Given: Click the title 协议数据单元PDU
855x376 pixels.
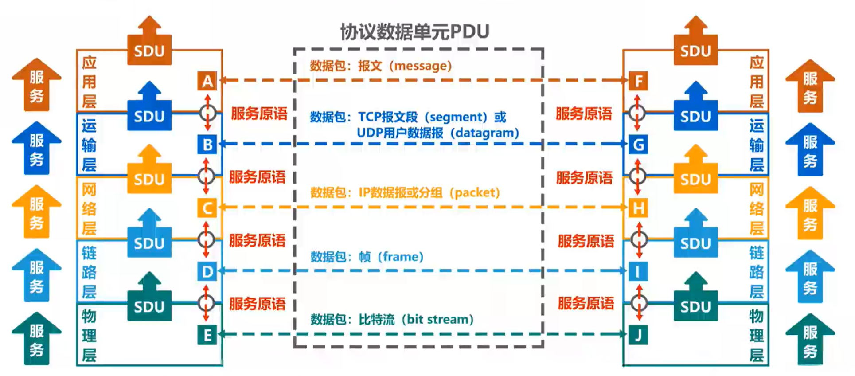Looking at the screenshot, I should (x=414, y=32).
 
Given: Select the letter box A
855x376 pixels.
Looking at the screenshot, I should (x=207, y=81).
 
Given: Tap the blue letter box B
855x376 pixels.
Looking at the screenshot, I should (x=207, y=145).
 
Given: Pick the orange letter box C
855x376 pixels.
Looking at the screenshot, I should (x=207, y=208).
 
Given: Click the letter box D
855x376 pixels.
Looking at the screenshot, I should (x=207, y=271).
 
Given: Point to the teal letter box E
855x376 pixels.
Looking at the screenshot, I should (x=207, y=335).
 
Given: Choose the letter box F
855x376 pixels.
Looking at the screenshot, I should (x=638, y=81).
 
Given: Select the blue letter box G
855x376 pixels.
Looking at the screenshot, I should (x=638, y=145).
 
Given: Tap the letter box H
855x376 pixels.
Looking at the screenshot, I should (x=638, y=208).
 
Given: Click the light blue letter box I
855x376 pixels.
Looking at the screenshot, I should (x=638, y=271).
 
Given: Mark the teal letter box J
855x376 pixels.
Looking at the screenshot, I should (x=638, y=335).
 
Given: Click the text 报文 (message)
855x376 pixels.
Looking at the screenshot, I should (x=405, y=66).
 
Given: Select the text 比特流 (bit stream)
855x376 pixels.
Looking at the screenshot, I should (x=416, y=319).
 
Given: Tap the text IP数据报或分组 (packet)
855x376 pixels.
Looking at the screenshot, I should (x=429, y=192).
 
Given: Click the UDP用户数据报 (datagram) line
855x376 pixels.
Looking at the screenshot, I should (x=437, y=133).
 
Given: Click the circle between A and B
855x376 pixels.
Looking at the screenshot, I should (x=207, y=113).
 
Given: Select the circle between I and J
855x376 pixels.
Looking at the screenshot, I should (x=639, y=303).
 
